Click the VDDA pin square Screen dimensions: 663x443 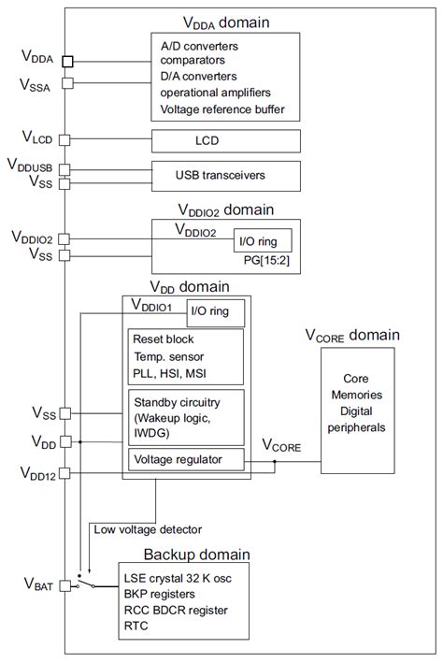point(68,62)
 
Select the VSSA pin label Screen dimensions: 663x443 point(36,84)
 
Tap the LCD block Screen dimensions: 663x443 point(225,140)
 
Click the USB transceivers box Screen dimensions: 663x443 point(225,174)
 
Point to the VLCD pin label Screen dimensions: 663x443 point(36,139)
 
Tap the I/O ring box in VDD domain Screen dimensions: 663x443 point(216,311)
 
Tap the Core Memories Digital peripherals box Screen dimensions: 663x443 point(352,404)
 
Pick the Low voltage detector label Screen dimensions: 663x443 point(149,529)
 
